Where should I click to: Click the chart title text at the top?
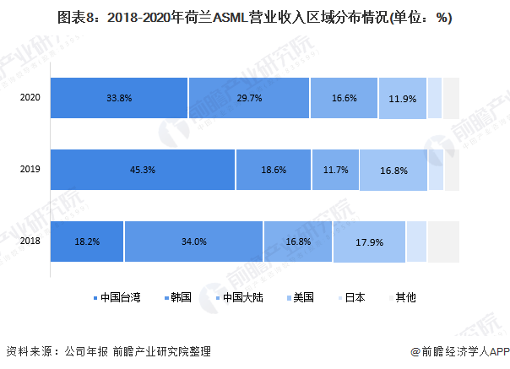coord(254,19)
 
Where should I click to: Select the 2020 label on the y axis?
coord(31,98)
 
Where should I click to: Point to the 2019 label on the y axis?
coord(31,170)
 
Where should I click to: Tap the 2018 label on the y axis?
coord(31,241)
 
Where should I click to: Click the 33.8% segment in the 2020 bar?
coord(118,98)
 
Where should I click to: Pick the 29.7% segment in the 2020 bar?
coord(249,98)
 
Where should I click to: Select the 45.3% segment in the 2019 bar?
coord(142,170)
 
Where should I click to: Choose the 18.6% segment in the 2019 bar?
coord(274,170)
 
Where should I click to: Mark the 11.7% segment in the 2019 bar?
coord(335,170)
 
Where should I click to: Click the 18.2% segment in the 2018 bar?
coord(87,241)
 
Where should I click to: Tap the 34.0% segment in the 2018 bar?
coord(193,241)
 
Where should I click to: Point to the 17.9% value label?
coord(370,242)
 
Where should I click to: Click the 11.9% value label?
coord(403,99)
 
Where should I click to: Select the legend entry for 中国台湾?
coord(115,297)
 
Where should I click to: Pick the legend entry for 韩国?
coord(177,297)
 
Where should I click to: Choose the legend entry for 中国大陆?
coord(240,297)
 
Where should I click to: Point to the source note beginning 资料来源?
coord(108,351)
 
